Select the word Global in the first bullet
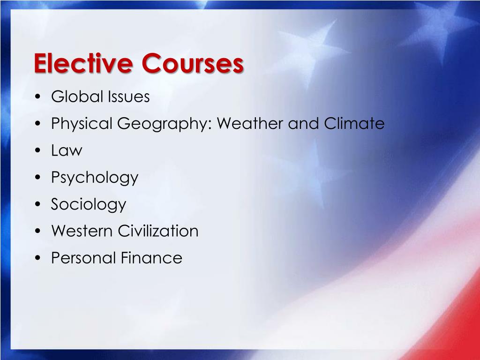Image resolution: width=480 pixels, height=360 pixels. click(x=77, y=97)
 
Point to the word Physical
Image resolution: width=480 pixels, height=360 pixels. click(x=82, y=124)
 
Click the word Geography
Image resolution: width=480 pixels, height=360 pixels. click(x=164, y=125)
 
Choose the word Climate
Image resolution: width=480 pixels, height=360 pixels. click(x=354, y=124)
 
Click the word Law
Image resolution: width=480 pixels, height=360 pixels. click(x=66, y=151)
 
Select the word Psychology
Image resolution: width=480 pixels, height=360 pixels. click(x=95, y=178)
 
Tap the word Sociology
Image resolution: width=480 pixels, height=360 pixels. click(x=89, y=205)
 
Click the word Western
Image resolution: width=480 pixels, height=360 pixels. click(x=82, y=231)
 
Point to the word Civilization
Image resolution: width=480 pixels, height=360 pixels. click(x=158, y=231)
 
